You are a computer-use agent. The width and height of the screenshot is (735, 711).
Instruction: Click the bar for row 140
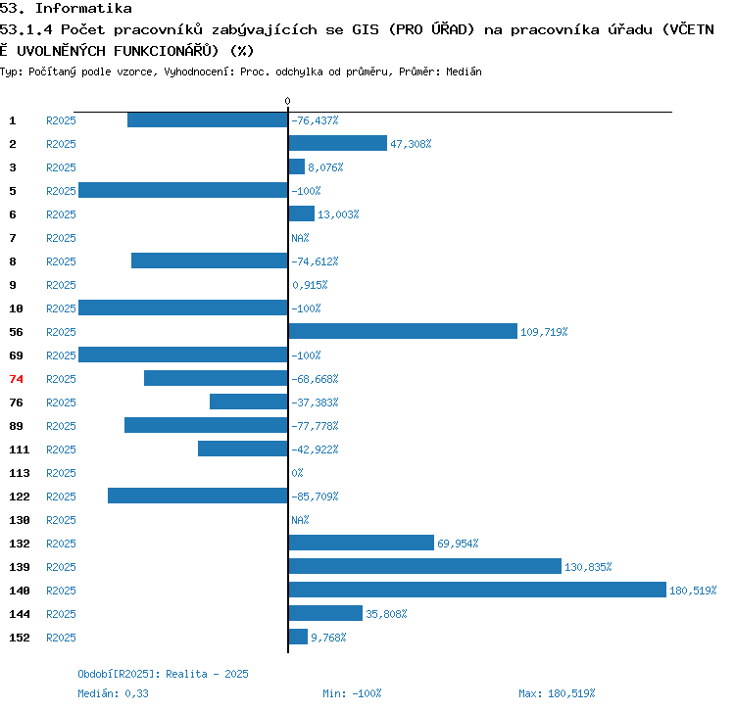pos(477,590)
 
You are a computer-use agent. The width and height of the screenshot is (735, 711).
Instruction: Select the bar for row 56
pos(403,331)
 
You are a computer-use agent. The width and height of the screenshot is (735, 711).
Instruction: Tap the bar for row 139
pos(424,566)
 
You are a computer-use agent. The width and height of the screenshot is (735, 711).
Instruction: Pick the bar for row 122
pos(198,496)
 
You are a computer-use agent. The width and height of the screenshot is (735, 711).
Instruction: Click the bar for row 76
pos(249,402)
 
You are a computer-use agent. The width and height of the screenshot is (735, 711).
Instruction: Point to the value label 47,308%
pos(411,144)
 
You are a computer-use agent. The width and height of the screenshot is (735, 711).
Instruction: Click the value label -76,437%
pos(315,120)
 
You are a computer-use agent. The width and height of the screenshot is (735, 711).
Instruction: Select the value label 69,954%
pos(458,544)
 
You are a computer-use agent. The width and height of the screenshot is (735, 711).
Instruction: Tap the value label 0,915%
pos(310,285)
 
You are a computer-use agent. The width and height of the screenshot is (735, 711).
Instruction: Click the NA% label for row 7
pos(300,238)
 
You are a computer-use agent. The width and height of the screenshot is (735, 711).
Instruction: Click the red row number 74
pos(16,379)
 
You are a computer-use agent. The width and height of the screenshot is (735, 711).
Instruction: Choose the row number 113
pos(20,473)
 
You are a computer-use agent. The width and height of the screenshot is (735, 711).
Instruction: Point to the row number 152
pos(20,638)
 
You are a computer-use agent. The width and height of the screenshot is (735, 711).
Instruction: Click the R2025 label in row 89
pos(61,426)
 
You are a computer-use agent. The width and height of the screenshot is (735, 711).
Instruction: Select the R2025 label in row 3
pos(61,167)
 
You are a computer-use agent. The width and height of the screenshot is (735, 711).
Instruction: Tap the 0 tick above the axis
pos(287,101)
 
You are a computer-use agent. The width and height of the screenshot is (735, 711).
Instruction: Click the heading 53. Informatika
pos(66,9)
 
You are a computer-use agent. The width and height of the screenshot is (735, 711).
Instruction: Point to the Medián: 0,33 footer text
pos(114,693)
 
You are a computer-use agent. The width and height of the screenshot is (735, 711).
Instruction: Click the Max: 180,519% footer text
pos(557,693)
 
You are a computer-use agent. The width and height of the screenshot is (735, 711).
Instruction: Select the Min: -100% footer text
pos(352,693)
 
